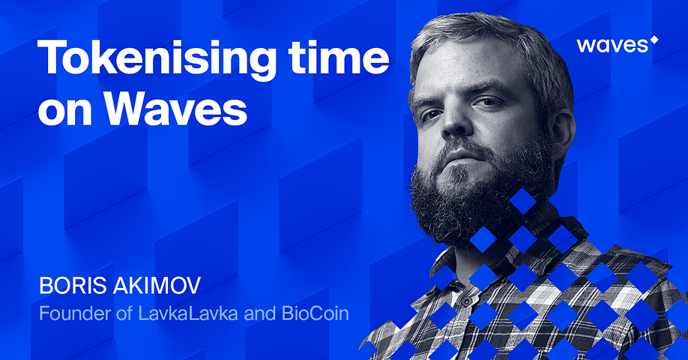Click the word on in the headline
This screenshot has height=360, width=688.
(x=65, y=112)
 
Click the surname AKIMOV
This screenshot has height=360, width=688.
(x=157, y=285)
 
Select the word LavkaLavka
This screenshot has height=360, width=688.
(x=188, y=313)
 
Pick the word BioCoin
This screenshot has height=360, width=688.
(x=316, y=313)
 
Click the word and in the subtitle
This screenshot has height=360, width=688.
(x=260, y=313)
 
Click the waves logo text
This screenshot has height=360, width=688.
(x=612, y=45)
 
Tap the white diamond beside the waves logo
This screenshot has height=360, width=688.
(x=654, y=40)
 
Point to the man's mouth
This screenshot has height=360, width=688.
(x=461, y=156)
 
